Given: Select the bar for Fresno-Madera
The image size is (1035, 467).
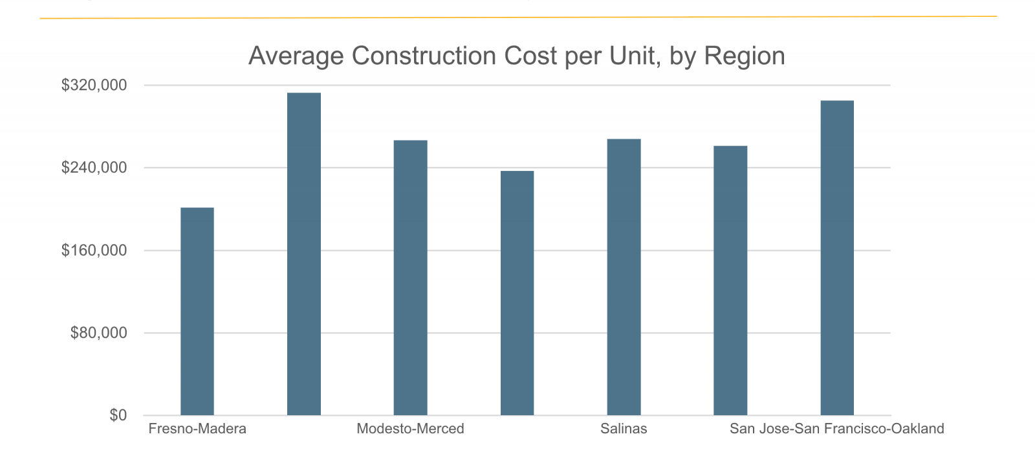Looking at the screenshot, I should click(197, 311).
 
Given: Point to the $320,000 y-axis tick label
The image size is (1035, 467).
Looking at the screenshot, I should click(94, 85).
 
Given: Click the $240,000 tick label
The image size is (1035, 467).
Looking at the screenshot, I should click(94, 168).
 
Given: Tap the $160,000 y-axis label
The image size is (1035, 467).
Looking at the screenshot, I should click(94, 251).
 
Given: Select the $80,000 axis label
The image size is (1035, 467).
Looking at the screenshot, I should click(98, 333).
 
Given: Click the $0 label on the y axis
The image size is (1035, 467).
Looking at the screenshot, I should click(118, 415).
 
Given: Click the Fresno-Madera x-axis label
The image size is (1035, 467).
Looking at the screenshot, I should click(197, 429).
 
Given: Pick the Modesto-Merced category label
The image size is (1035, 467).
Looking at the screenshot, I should click(410, 429).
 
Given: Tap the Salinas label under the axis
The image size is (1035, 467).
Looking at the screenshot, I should click(624, 429).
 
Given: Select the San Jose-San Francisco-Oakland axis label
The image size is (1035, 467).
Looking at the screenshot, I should click(837, 429).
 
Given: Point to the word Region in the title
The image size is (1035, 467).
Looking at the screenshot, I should click(745, 56).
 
